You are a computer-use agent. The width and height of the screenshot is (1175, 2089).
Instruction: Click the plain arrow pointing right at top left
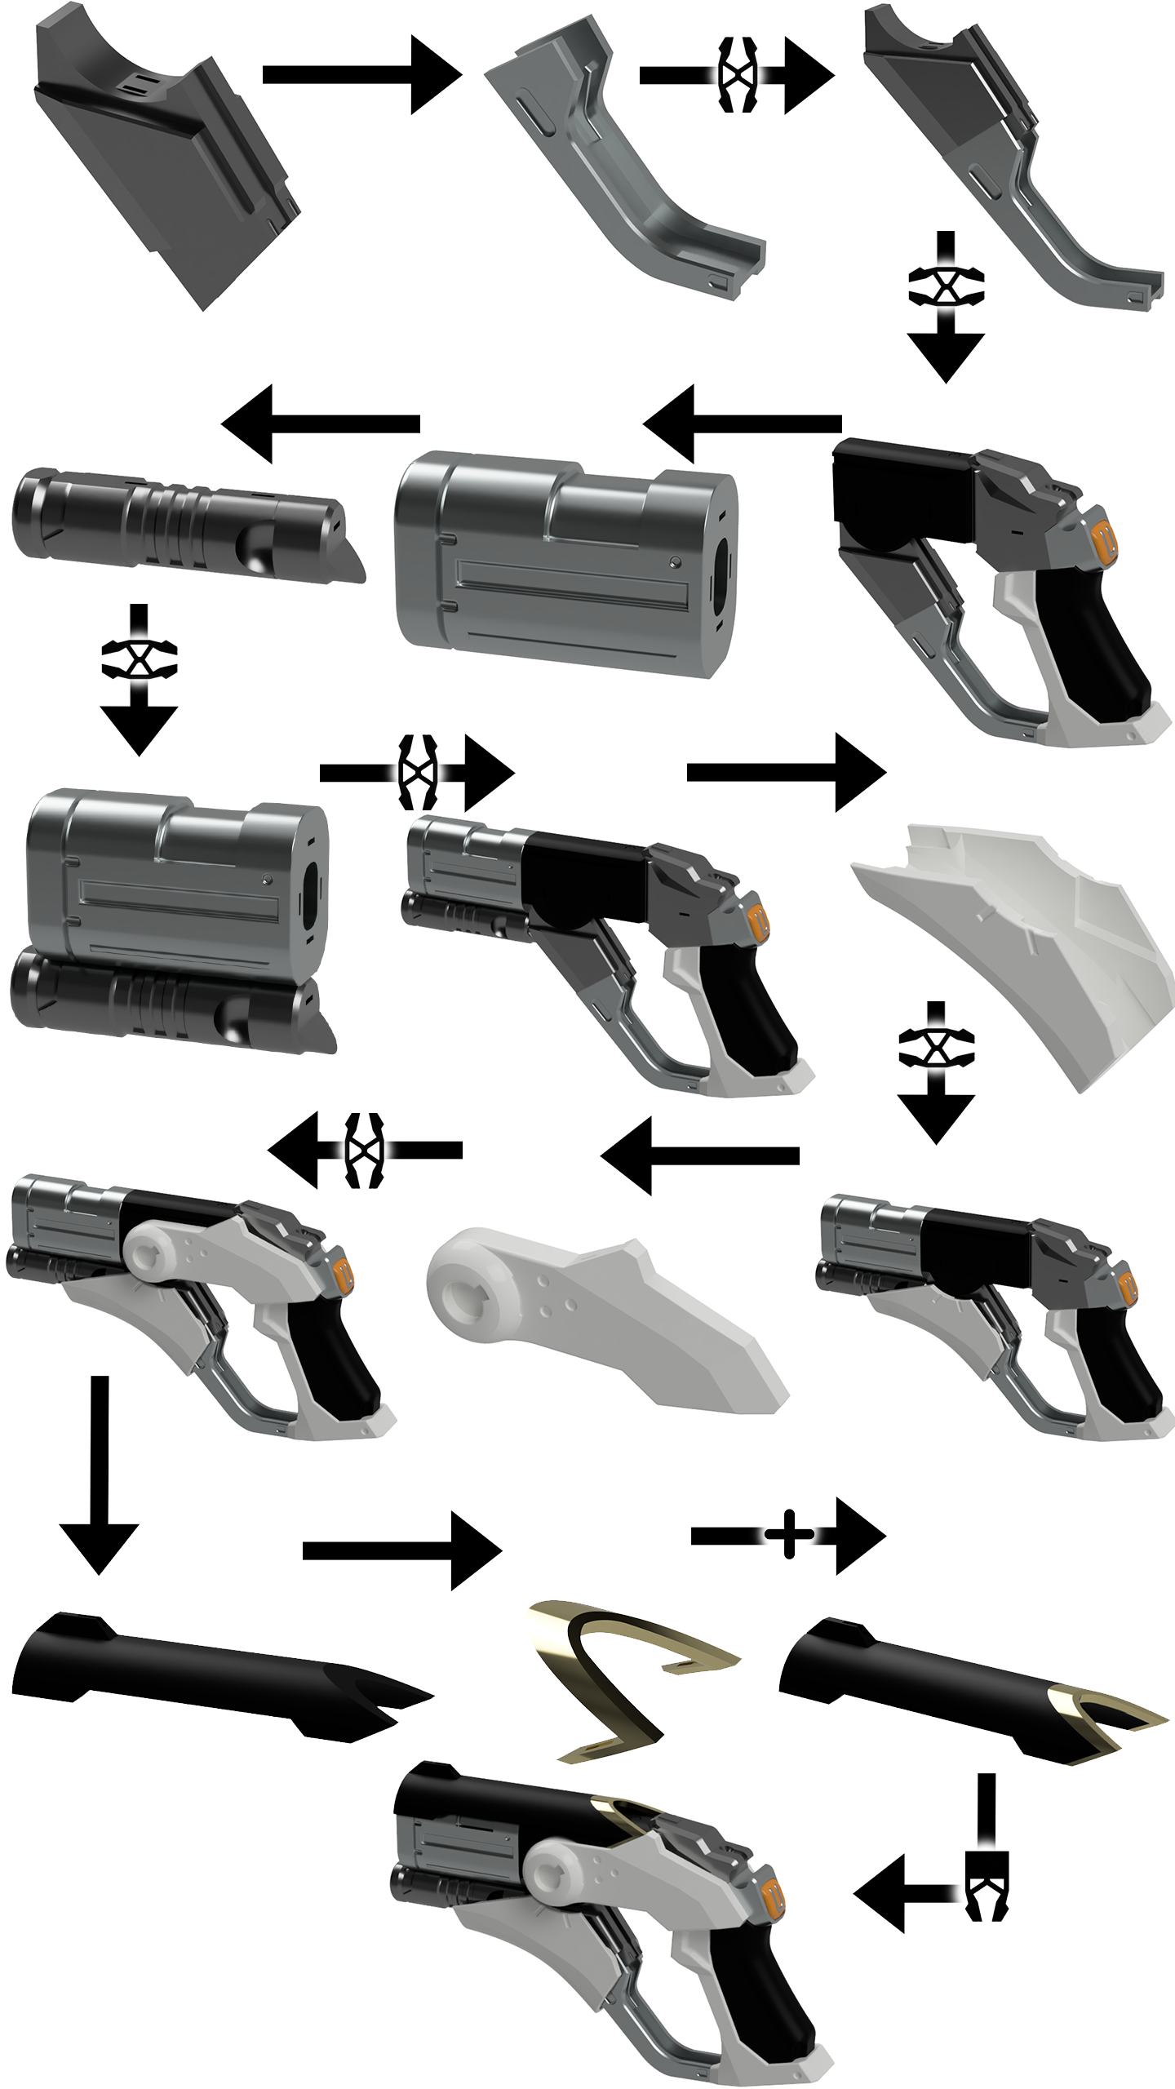click(359, 75)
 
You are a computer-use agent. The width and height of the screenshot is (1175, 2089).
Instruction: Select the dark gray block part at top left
click(163, 163)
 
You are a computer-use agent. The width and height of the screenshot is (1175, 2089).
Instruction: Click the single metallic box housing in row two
click(563, 563)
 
